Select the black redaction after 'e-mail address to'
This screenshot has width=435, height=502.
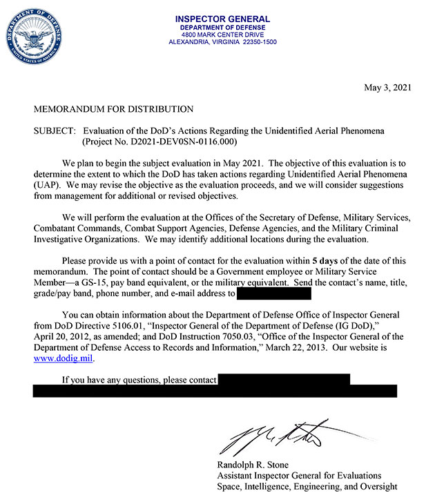(274, 294)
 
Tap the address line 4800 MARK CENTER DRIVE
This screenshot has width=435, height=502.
(223, 34)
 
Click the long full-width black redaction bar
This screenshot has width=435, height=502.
(215, 391)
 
